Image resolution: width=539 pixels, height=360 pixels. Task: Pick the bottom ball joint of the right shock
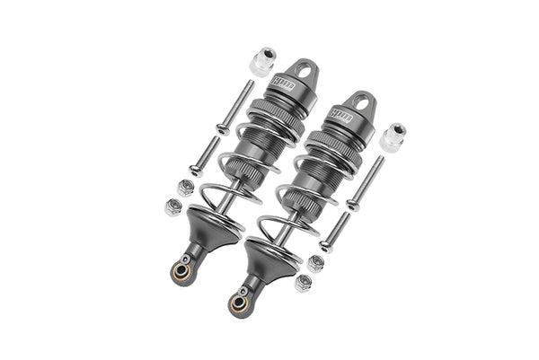(241, 302)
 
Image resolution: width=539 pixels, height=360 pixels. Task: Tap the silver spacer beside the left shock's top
(260, 62)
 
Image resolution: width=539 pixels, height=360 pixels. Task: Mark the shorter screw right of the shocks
(335, 232)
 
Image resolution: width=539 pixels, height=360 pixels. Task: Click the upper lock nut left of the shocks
(185, 188)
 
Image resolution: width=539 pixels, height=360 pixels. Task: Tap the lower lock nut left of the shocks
(173, 207)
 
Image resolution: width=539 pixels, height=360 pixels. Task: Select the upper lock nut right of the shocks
(316, 264)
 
